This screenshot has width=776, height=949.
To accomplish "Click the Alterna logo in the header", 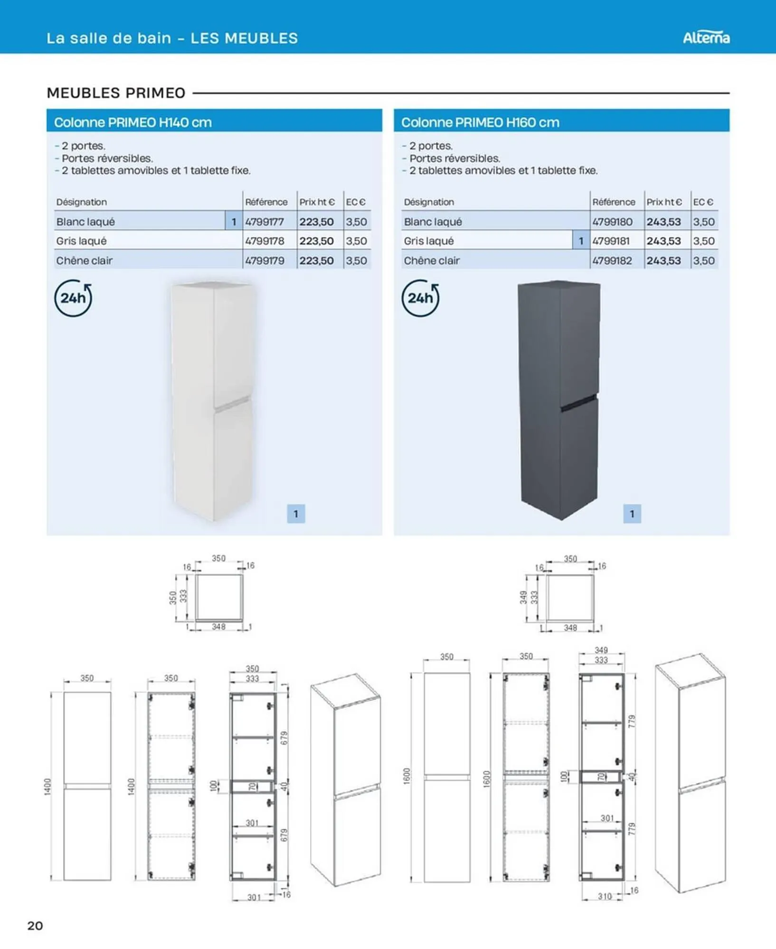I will click(706, 37).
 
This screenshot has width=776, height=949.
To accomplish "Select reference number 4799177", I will click(265, 222).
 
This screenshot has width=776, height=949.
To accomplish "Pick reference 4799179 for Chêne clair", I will click(265, 261).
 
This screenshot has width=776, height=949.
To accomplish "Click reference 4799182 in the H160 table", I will click(612, 261).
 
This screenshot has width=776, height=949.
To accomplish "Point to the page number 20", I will click(35, 926).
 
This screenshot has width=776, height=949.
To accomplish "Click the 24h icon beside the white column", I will click(73, 298).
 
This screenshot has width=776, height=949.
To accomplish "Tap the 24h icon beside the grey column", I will click(420, 298).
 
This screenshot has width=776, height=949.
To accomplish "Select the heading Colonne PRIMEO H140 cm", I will click(133, 122).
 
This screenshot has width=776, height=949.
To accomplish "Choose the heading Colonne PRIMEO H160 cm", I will click(480, 122).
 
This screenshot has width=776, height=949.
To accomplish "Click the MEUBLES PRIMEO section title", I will click(116, 93).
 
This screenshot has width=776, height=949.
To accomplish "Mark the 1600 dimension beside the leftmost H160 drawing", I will click(407, 776).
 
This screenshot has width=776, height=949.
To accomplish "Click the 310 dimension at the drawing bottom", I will click(605, 896).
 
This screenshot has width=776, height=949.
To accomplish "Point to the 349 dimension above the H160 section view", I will click(601, 650).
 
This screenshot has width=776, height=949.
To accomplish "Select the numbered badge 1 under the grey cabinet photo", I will click(632, 514).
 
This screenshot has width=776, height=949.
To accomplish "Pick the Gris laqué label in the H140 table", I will click(81, 241).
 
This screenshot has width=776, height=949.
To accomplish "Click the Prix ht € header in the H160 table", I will click(664, 202).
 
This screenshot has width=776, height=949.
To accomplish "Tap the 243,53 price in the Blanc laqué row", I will click(663, 222).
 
